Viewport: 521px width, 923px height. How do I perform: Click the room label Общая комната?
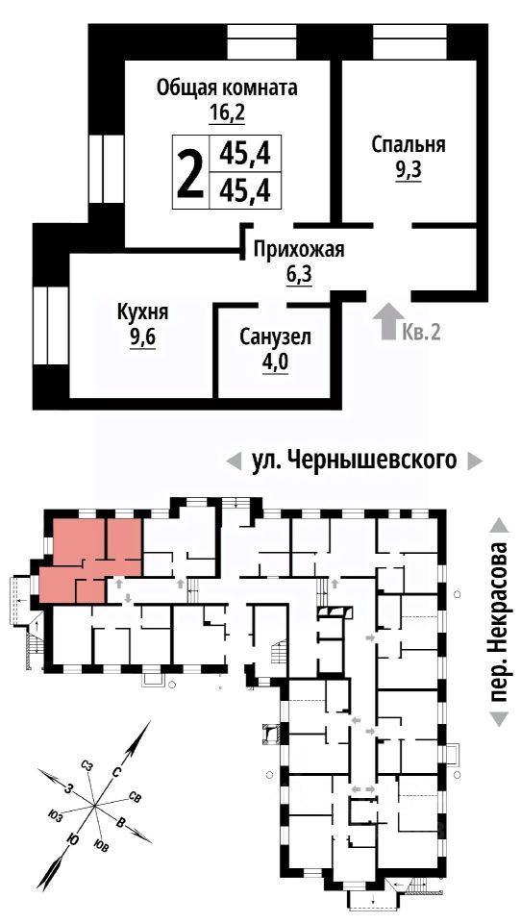(x=227, y=87)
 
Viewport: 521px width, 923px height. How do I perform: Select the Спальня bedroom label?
(x=409, y=145)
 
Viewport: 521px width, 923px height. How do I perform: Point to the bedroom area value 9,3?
(x=409, y=171)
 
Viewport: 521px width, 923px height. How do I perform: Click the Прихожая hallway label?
(x=298, y=251)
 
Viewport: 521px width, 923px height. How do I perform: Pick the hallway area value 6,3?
(x=300, y=275)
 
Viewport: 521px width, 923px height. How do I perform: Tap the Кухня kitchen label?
(x=142, y=312)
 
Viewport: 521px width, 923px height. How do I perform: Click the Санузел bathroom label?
(x=276, y=337)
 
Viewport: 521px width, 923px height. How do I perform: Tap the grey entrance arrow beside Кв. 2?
(x=386, y=321)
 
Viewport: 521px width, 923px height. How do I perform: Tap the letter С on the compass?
(x=115, y=771)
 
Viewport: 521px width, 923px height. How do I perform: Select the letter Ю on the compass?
(x=70, y=839)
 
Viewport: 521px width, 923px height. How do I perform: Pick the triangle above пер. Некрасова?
(x=498, y=525)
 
